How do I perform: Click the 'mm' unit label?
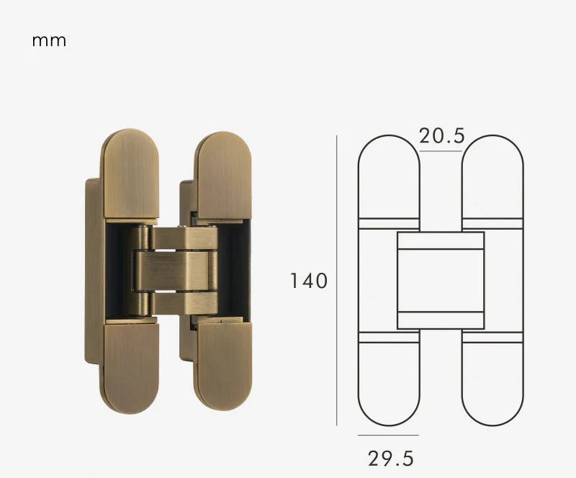tap(49, 41)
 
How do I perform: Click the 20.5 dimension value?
tap(442, 135)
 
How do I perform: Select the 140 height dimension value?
tap(309, 280)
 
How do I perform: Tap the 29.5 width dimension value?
tap(391, 458)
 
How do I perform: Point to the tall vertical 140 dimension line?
tap(337, 279)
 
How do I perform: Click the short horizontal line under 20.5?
tap(441, 151)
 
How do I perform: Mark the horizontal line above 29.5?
tap(388, 435)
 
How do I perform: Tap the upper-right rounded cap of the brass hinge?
tap(223, 175)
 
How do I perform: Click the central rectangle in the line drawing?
tap(440, 280)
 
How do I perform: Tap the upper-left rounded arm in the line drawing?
tap(389, 176)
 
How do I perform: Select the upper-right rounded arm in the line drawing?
tap(492, 176)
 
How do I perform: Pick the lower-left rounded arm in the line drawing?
tap(389, 382)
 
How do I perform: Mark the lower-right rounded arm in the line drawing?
tap(492, 382)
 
